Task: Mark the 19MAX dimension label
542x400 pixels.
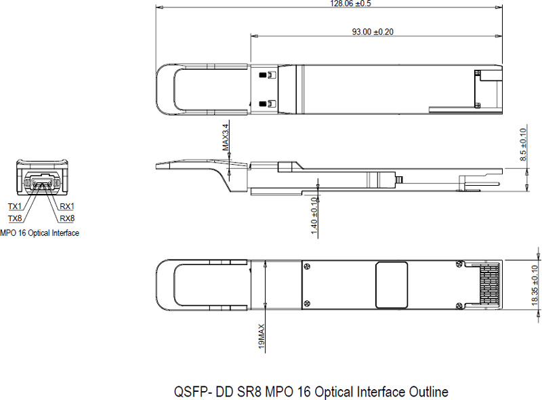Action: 261,337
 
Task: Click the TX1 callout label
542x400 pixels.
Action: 14,206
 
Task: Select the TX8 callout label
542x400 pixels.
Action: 14,218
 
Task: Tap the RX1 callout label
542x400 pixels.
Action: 67,206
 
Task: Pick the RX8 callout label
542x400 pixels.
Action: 67,218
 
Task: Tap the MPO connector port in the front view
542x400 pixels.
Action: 42,182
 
